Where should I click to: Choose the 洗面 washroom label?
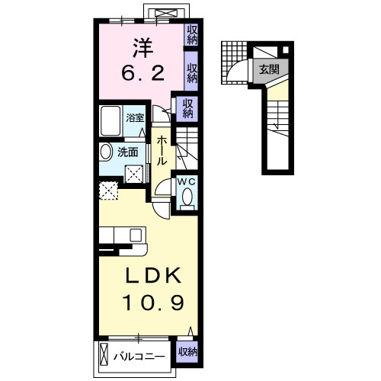point(127,151)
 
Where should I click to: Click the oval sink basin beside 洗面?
point(105,152)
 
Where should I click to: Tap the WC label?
point(187,182)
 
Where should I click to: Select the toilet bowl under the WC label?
point(187,200)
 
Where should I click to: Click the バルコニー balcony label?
point(139,354)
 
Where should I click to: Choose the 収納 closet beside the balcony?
point(187,352)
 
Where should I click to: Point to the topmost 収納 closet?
point(192,35)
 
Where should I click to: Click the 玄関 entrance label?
point(268,69)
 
